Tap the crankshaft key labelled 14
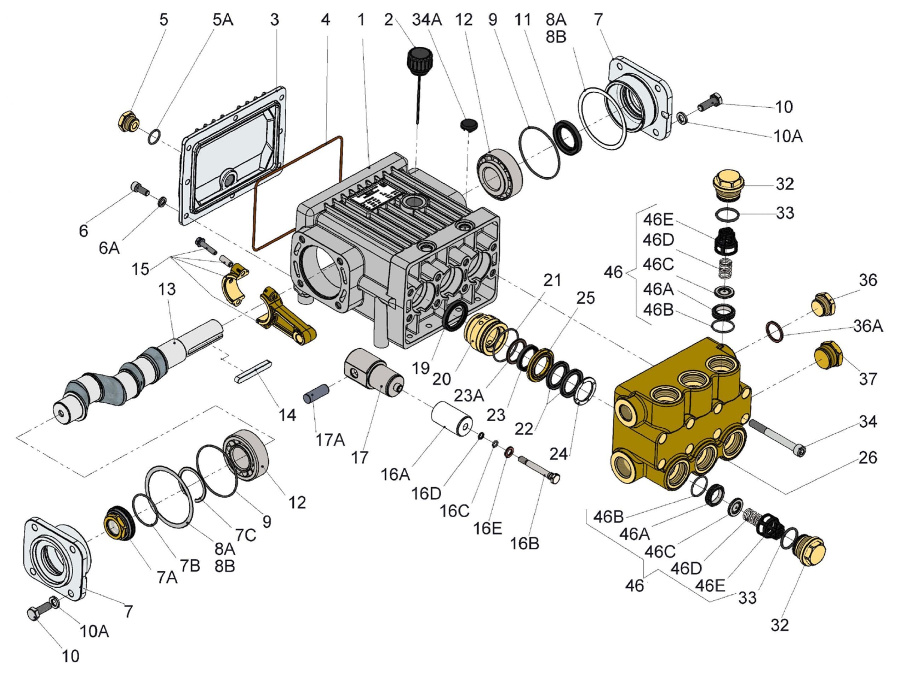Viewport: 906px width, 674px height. click(253, 371)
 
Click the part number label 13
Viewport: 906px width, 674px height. click(166, 289)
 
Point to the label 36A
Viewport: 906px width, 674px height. click(868, 326)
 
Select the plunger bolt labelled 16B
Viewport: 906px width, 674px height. click(538, 469)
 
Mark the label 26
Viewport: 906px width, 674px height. click(867, 458)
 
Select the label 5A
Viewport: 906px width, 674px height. click(223, 19)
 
